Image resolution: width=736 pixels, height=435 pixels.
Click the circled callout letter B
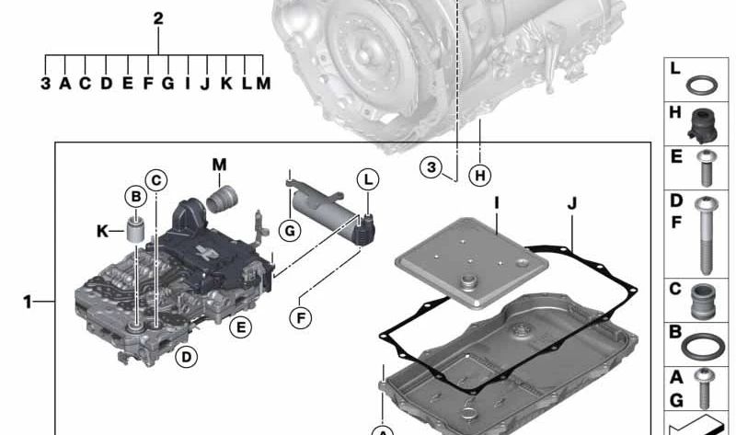pyautogui.click(x=135, y=196)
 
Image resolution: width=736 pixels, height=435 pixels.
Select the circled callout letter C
pyautogui.click(x=156, y=180)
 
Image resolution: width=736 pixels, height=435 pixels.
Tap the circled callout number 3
pyautogui.click(x=431, y=167)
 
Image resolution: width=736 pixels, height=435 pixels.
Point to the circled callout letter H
pyautogui.click(x=479, y=175)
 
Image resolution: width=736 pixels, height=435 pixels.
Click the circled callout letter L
pyautogui.click(x=368, y=179)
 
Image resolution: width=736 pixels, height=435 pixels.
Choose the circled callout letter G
pyautogui.click(x=290, y=231)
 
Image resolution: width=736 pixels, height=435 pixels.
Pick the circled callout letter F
pyautogui.click(x=301, y=318)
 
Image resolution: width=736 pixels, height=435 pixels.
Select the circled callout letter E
pyautogui.click(x=241, y=327)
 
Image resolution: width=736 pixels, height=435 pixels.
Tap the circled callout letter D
pyautogui.click(x=187, y=357)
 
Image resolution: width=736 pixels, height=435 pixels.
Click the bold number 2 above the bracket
pyautogui.click(x=158, y=18)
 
